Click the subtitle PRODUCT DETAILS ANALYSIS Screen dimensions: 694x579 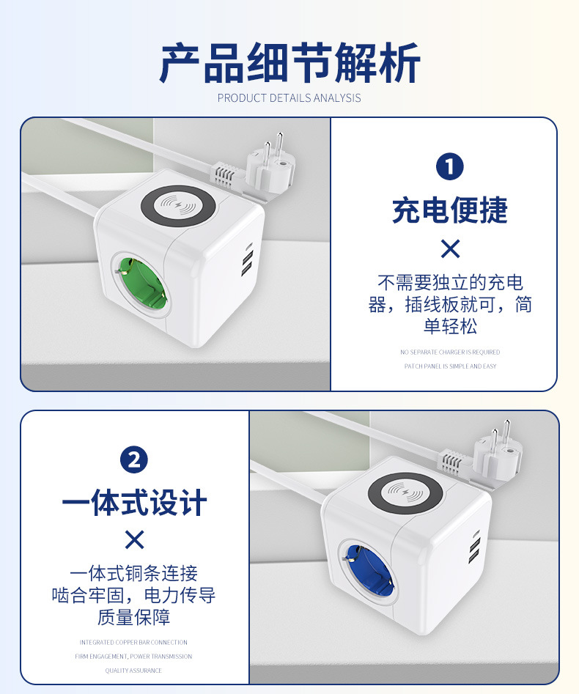pos(289,98)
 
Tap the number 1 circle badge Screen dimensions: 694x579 pos(450,167)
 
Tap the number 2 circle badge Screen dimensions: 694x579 pos(134,460)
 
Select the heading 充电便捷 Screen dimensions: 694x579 pos(450,210)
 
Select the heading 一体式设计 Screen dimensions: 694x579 pos(134,503)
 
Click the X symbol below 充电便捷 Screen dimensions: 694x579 pos(450,249)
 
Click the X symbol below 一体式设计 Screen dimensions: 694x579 pos(134,541)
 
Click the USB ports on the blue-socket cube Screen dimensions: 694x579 pos(475,550)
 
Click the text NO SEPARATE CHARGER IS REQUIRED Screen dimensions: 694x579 pos(450,352)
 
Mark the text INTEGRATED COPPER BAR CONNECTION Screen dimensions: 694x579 pos(133,643)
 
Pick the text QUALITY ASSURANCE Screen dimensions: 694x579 pos(133,671)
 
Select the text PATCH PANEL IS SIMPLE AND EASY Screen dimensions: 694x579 pos(450,366)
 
